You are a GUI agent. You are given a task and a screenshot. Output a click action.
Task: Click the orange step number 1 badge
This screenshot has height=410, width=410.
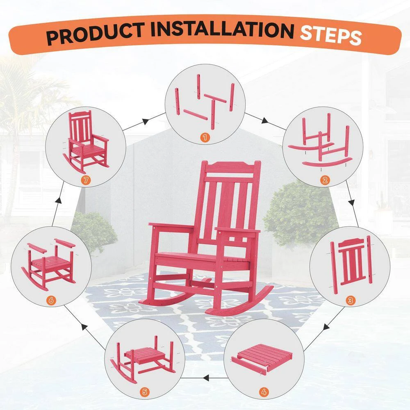click(x=205, y=137)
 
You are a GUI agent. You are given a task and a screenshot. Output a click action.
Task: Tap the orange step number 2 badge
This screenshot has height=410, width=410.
click(x=325, y=180)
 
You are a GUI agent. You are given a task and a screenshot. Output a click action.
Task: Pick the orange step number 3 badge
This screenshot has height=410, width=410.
click(x=351, y=301)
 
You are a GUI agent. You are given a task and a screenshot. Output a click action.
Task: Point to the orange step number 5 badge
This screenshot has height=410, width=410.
click(x=145, y=392)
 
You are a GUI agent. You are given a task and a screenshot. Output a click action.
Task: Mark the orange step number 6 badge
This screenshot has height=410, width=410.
click(x=51, y=301)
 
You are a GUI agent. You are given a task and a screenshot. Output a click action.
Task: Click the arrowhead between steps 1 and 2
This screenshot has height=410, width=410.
click(x=265, y=121)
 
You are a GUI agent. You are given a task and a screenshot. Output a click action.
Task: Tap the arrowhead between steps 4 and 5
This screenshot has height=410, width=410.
click(x=206, y=378)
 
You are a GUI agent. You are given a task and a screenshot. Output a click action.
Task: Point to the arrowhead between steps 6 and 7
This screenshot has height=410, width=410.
click(x=59, y=200)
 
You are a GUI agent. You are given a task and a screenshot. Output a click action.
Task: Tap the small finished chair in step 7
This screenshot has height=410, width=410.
click(x=86, y=141)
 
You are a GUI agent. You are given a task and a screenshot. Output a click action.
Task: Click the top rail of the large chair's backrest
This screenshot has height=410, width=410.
click(x=230, y=167)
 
